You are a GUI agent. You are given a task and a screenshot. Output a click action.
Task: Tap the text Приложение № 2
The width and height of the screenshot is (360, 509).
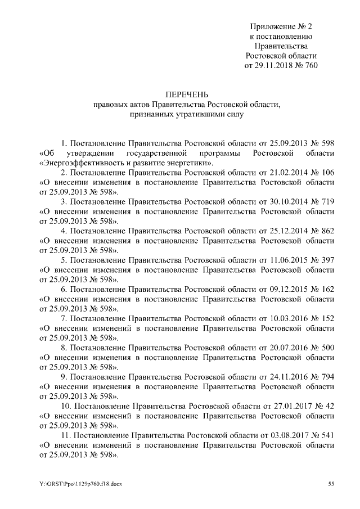point(281,26)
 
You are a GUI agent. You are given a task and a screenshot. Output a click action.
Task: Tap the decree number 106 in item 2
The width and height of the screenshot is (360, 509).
point(327,173)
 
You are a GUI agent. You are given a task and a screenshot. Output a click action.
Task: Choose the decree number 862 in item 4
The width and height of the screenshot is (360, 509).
point(327,232)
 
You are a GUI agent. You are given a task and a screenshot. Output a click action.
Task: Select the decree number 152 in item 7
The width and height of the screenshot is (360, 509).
point(327,319)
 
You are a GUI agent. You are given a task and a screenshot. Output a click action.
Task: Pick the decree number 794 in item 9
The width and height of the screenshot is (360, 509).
point(327,378)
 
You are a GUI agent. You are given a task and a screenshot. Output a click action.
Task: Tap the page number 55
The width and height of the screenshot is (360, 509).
point(331,484)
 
